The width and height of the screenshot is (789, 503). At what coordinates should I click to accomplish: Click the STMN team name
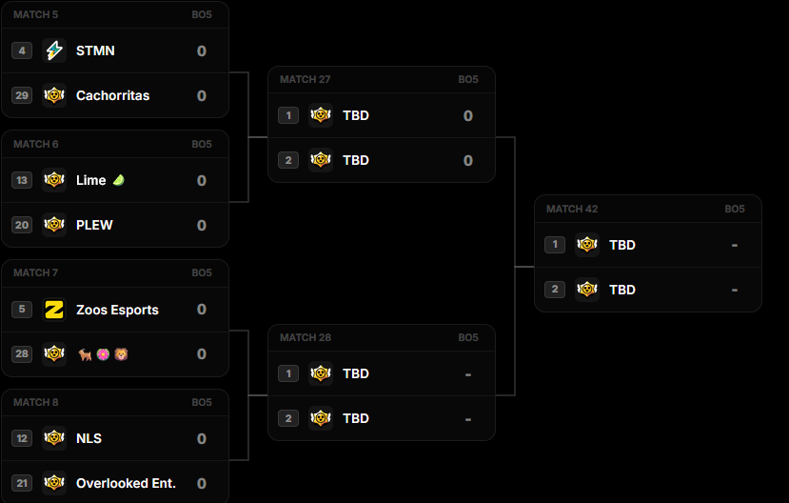pyautogui.click(x=95, y=50)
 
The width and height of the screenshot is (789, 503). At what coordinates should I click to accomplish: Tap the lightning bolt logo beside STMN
pyautogui.click(x=54, y=50)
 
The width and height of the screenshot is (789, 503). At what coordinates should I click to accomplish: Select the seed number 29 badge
pyautogui.click(x=22, y=95)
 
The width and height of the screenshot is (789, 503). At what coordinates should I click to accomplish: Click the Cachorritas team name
pyautogui.click(x=112, y=95)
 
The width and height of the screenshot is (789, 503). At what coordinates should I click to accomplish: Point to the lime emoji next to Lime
pyautogui.click(x=118, y=180)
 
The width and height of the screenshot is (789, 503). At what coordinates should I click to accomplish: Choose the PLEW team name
pyautogui.click(x=94, y=225)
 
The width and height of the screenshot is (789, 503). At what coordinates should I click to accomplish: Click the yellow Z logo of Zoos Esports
pyautogui.click(x=54, y=310)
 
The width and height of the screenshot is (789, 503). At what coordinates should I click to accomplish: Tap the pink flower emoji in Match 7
pyautogui.click(x=103, y=354)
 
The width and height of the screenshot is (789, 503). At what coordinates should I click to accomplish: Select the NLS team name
pyautogui.click(x=89, y=438)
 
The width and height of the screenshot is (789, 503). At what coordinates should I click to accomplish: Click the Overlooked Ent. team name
pyautogui.click(x=126, y=483)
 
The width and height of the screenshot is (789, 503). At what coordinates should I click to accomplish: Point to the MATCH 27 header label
pyautogui.click(x=305, y=80)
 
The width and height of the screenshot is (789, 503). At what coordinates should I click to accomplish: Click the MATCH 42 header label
pyautogui.click(x=572, y=209)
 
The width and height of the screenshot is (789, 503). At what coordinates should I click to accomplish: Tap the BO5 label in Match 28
pyautogui.click(x=468, y=338)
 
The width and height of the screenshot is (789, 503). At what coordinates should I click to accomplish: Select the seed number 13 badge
pyautogui.click(x=22, y=180)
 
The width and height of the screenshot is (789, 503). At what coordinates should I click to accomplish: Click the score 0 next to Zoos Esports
pyautogui.click(x=201, y=310)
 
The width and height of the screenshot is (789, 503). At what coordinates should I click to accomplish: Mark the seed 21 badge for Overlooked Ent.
pyautogui.click(x=22, y=483)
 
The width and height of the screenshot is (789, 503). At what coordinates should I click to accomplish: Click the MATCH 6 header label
pyautogui.click(x=36, y=145)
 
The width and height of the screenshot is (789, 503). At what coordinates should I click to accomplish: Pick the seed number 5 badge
pyautogui.click(x=22, y=310)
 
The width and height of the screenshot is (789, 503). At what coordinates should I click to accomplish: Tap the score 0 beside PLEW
pyautogui.click(x=201, y=225)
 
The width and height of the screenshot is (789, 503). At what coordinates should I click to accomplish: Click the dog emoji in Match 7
pyautogui.click(x=85, y=354)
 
